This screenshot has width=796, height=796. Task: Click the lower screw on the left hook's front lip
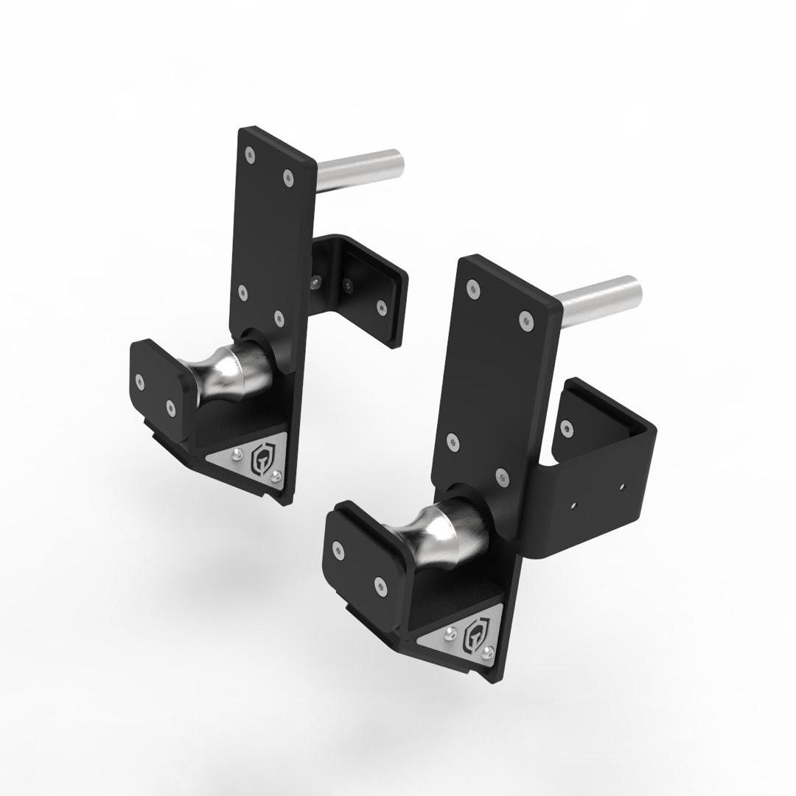(171, 406)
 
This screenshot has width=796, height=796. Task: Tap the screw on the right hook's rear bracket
(566, 425)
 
